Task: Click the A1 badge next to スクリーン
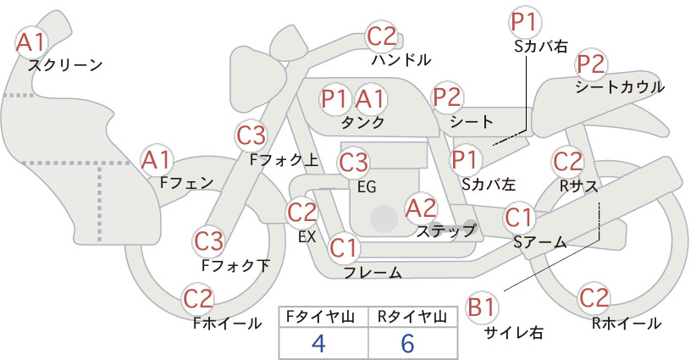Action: point(30,42)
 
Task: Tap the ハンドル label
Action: point(400,59)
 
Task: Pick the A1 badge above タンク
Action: point(370,99)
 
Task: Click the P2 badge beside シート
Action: point(447,97)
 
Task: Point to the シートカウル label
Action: point(620,87)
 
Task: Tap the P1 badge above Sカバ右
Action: point(526,22)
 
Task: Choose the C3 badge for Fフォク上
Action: point(251,136)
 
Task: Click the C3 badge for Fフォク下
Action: point(209,241)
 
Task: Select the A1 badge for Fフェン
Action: point(156,160)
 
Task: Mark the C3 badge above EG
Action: point(353,163)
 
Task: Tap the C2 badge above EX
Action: point(302,212)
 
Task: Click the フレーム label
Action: point(373,273)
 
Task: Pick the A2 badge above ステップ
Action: point(421,208)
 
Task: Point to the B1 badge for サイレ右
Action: point(482,307)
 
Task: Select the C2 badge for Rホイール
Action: point(594,298)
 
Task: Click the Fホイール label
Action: point(227,324)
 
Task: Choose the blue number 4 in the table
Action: point(318,344)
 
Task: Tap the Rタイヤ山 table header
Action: point(412,317)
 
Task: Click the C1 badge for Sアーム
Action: point(518,218)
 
